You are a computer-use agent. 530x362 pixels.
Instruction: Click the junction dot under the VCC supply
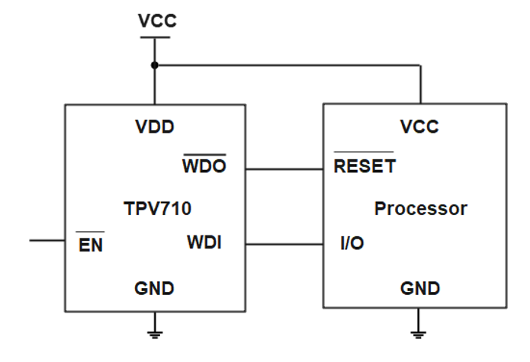[155, 65]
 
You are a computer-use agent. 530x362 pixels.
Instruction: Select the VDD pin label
[155, 127]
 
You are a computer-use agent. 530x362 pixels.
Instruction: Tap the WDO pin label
[204, 166]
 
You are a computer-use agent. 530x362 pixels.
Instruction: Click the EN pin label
[91, 245]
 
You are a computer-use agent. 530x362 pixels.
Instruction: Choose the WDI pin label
[204, 244]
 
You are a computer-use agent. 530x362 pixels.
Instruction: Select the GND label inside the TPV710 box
[154, 289]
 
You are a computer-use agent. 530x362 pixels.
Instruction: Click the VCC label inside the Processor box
[419, 127]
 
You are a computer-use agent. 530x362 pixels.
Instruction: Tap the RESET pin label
[365, 166]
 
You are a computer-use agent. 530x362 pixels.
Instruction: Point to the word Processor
[420, 208]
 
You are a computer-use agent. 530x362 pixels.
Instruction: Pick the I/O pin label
[352, 245]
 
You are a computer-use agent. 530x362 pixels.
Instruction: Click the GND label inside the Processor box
[420, 289]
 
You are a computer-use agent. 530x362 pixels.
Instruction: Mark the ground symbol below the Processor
[419, 329]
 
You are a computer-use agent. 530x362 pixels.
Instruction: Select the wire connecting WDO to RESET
[284, 168]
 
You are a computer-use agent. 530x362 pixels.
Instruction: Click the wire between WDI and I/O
[284, 245]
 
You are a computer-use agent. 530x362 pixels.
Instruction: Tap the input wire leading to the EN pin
[47, 241]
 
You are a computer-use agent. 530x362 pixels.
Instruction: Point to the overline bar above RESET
[364, 153]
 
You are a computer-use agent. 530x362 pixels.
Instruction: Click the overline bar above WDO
[204, 154]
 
